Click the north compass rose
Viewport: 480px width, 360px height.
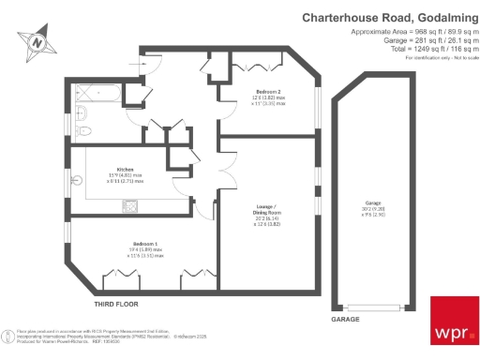[35, 42]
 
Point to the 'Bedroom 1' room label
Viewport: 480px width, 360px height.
[144, 251]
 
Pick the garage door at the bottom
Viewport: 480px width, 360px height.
[376, 306]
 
